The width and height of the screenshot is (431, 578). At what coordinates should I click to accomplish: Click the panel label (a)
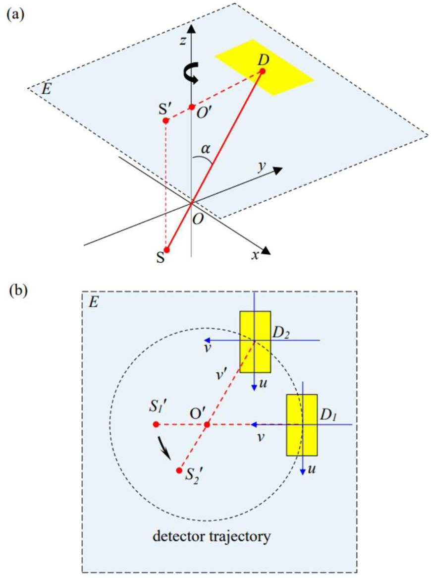(x=14, y=13)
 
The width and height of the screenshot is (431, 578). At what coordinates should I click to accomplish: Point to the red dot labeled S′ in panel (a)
(x=166, y=120)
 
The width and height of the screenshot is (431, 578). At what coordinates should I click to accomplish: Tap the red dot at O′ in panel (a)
(x=192, y=107)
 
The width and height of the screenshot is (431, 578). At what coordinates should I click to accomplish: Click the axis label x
(x=256, y=256)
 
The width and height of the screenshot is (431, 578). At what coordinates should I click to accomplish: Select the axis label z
(x=182, y=42)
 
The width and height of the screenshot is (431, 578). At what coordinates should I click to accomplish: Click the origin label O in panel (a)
(x=198, y=219)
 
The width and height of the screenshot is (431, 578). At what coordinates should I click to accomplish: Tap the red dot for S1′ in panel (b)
(x=156, y=424)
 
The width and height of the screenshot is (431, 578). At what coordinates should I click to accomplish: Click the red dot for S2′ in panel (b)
(x=179, y=470)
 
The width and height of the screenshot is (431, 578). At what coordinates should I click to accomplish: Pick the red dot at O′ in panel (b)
(x=207, y=424)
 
